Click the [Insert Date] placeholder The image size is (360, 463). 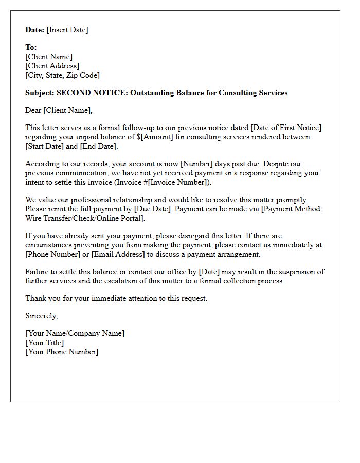click(67, 30)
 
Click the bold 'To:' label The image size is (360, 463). click(31, 47)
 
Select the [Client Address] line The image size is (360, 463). click(52, 66)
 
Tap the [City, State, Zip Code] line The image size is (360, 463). click(62, 75)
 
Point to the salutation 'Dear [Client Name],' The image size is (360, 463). click(59, 110)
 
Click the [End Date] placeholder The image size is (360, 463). click(98, 146)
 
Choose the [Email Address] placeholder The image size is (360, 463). click(117, 254)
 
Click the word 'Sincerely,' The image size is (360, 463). click(42, 316)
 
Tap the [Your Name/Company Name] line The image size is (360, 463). click(75, 333)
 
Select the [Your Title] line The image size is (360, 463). click(45, 343)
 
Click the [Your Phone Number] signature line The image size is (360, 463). click(62, 352)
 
